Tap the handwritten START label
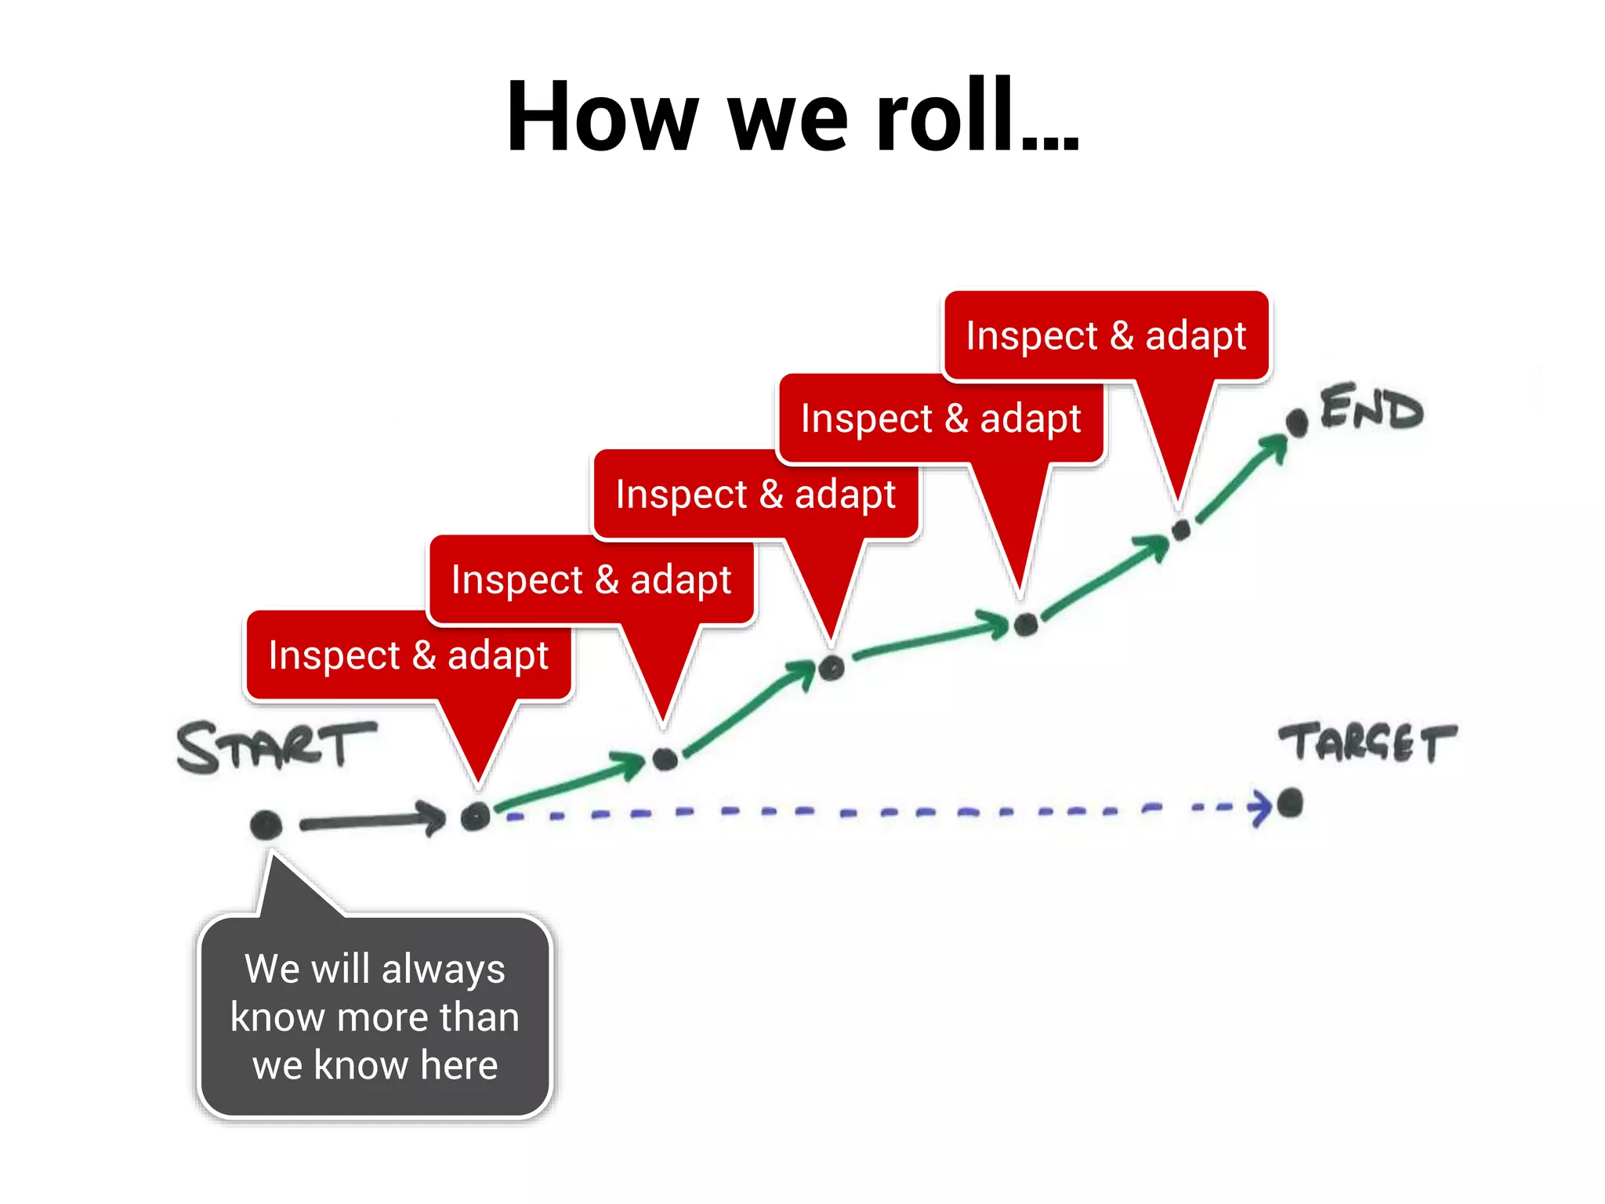276,746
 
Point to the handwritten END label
1371,408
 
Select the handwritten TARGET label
1368,742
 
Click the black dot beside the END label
1297,422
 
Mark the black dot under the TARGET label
1290,803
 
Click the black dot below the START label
266,825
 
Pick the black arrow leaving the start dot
372,821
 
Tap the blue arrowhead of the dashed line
1260,807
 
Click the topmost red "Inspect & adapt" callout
1106,335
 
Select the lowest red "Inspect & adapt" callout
408,655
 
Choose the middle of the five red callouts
755,495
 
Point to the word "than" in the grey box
479,1017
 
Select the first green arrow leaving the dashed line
570,781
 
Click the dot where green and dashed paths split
475,817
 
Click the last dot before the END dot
1181,530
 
